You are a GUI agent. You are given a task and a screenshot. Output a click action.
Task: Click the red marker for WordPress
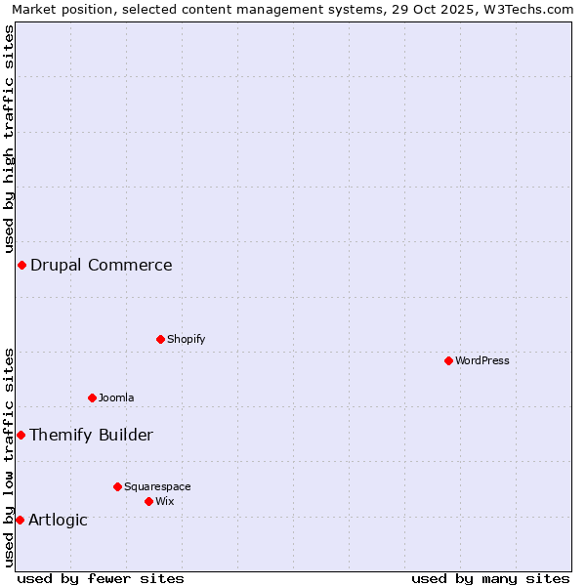coord(448,360)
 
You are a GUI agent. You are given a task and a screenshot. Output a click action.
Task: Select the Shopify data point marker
coord(160,339)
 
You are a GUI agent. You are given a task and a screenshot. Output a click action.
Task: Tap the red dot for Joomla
coord(92,398)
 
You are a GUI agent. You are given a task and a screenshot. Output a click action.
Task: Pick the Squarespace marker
coord(117,486)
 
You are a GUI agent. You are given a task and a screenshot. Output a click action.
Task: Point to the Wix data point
coord(148,501)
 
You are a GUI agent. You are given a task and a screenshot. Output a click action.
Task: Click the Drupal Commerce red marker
coord(21,265)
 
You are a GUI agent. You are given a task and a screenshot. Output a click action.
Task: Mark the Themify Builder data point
coord(21,435)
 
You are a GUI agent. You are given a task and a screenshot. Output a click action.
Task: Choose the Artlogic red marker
coord(20,520)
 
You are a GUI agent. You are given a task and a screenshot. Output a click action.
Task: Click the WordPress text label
coord(482,360)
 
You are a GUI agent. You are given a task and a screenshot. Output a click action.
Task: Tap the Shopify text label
coord(187,339)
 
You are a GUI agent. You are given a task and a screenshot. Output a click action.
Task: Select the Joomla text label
coord(116,398)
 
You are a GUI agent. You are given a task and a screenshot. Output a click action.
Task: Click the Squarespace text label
coord(157,486)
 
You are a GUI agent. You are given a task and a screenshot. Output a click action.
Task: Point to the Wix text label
coord(165,501)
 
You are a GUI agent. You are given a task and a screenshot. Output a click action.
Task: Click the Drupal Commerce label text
coord(102,265)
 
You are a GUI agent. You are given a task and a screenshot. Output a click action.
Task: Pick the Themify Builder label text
coord(92,435)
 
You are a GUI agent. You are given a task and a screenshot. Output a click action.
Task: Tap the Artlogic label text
coord(59,520)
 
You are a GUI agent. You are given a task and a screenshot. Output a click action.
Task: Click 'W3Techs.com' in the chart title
coord(531,9)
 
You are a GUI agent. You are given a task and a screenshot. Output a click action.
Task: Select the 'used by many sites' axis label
coord(490,578)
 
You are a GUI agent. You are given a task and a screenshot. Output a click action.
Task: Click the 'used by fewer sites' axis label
coord(101,578)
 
